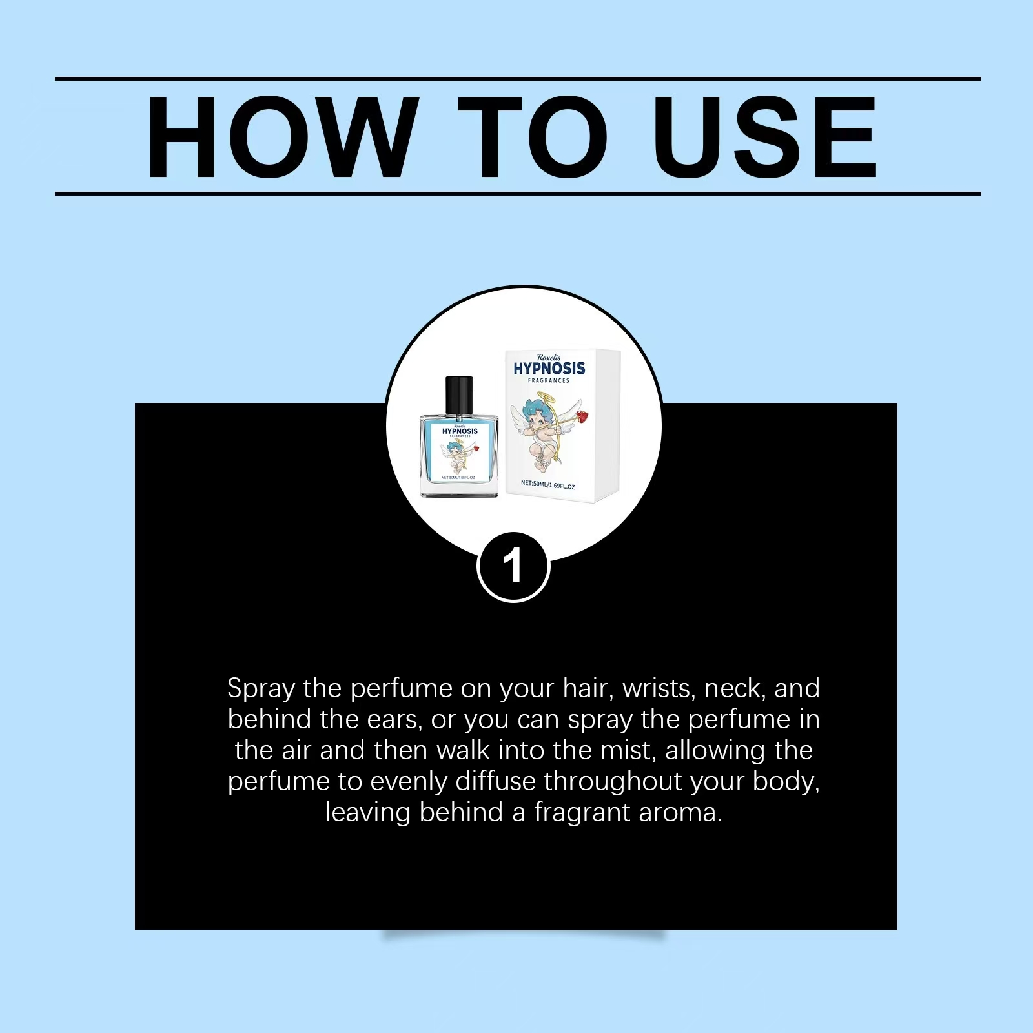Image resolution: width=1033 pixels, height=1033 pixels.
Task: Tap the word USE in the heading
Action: pos(766,137)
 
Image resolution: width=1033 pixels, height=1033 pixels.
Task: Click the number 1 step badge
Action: pos(513,567)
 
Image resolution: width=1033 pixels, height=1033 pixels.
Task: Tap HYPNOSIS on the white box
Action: pos(549,369)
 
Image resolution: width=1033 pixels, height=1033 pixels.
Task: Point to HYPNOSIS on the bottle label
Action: pos(460,431)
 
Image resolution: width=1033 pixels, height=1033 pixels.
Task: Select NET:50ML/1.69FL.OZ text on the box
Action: pos(548,484)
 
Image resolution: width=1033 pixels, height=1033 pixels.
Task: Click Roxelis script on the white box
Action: pos(549,357)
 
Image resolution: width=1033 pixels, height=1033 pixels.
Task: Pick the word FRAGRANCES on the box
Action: pos(549,380)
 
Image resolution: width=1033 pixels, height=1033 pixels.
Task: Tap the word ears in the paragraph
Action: pos(395,720)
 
